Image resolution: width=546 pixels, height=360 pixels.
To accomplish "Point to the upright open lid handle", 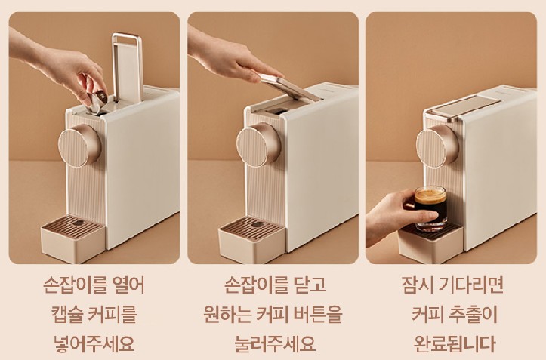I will click(126, 65).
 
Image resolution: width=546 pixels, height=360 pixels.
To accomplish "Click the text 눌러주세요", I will click(272, 343).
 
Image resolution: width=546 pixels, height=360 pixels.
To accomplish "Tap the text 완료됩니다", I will click(454, 343).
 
